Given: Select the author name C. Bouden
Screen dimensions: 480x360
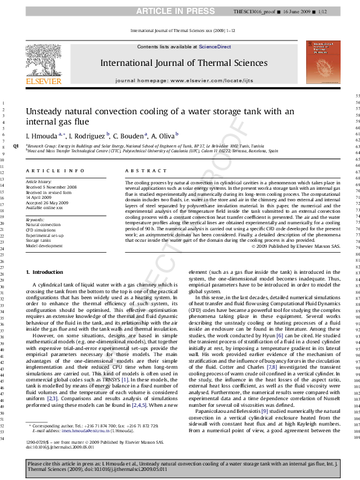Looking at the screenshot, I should (129, 137).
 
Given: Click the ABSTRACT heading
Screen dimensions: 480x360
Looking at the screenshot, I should (137, 172).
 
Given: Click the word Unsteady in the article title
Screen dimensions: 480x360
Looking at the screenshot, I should (45, 111).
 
